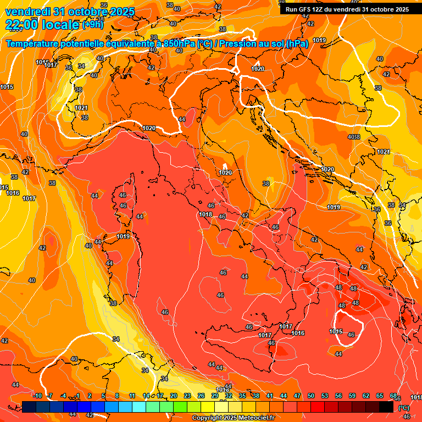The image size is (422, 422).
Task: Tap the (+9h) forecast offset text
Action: tap(92, 25)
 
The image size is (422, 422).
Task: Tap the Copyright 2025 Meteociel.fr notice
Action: tap(233, 418)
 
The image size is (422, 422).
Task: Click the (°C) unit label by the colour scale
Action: tap(403, 407)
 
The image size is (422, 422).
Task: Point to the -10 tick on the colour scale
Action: tap(37, 396)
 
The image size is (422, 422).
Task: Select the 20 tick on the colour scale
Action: tap(174, 396)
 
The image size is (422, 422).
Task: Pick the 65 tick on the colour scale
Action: tap(380, 396)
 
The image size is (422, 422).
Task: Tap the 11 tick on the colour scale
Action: tap(132, 396)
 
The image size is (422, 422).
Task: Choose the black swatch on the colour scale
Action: tap(386, 407)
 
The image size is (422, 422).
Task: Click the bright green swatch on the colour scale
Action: tap(180, 407)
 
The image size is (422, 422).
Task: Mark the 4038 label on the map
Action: tap(354, 137)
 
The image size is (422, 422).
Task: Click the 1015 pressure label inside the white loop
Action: tap(336, 331)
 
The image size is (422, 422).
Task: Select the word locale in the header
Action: tap(59, 24)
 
